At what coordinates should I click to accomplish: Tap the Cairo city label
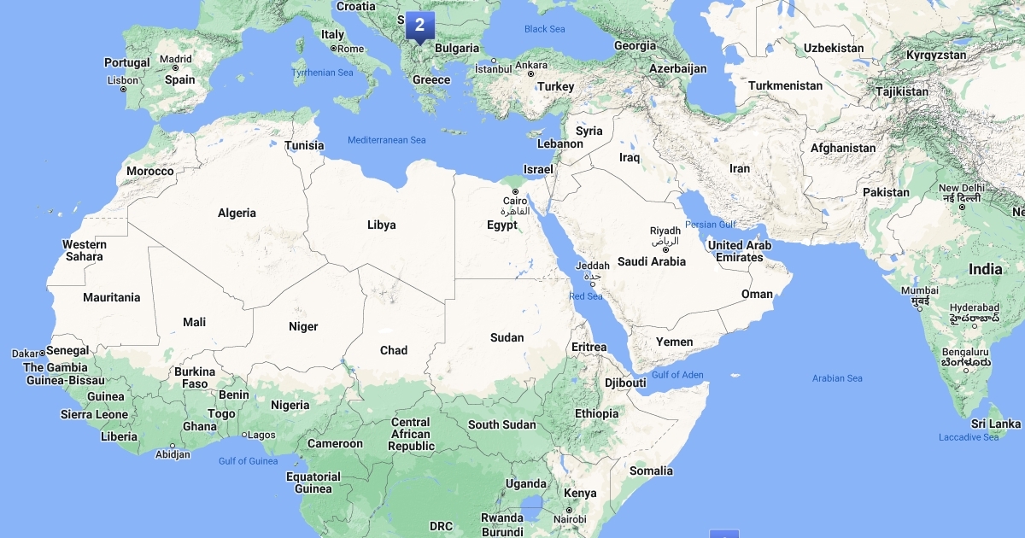(x=515, y=202)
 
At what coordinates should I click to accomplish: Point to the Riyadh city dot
(x=665, y=249)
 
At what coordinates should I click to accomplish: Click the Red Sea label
(x=586, y=296)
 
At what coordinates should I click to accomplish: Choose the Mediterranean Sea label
(x=386, y=140)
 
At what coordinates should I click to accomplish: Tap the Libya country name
(x=381, y=225)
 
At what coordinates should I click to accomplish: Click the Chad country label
(x=394, y=350)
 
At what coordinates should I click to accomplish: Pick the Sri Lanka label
(x=996, y=424)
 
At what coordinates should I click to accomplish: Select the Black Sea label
(x=545, y=29)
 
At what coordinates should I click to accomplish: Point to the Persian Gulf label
(x=711, y=225)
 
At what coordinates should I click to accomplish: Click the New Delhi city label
(x=962, y=188)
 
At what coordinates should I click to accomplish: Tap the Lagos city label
(x=261, y=435)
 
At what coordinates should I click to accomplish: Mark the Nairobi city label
(x=570, y=519)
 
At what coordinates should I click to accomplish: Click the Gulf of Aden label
(x=677, y=375)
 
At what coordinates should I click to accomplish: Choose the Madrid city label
(x=176, y=59)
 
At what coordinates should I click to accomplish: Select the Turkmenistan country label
(x=785, y=85)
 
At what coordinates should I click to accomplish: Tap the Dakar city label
(x=26, y=354)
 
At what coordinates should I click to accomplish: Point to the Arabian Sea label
(x=837, y=378)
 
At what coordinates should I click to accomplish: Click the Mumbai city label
(x=920, y=290)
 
